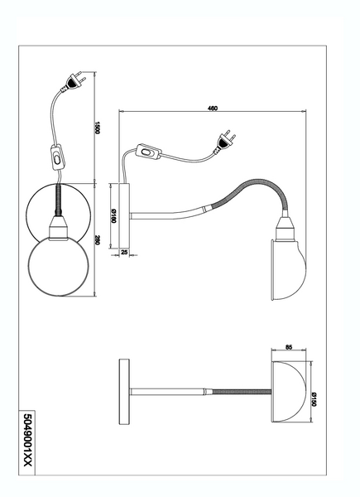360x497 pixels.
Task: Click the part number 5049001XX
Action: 28,444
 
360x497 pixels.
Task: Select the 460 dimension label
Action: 213,108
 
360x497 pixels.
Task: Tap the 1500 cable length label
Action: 98,128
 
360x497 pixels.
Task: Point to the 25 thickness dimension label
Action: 124,253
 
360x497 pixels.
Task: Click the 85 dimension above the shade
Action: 289,347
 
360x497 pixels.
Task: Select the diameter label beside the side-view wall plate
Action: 114,215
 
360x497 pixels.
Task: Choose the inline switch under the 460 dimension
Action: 148,152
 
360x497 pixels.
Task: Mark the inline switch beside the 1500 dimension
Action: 57,157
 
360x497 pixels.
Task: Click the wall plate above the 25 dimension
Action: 124,215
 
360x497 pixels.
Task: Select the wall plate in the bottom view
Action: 124,392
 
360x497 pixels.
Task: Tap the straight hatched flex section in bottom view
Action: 242,392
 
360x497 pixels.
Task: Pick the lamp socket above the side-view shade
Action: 286,229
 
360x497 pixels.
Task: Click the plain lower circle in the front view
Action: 59,265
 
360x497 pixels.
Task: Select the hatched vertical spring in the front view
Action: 59,200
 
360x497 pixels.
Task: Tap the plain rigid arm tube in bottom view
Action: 167,392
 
